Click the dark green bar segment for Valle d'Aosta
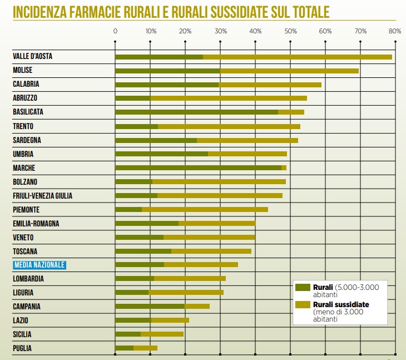(159, 57)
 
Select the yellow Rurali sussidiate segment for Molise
(289, 71)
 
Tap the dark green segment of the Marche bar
(198, 167)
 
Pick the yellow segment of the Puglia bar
(145, 348)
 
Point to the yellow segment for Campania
(197, 307)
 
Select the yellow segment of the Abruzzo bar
(228, 98)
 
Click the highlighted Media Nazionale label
(39, 265)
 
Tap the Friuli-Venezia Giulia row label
(42, 195)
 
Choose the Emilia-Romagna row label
(36, 223)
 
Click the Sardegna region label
(27, 140)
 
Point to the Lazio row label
(21, 320)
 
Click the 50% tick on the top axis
(290, 31)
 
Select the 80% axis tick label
(395, 31)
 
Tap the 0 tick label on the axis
(115, 31)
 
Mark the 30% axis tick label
(220, 31)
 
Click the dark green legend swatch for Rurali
(303, 287)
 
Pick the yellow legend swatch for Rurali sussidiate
(303, 304)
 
